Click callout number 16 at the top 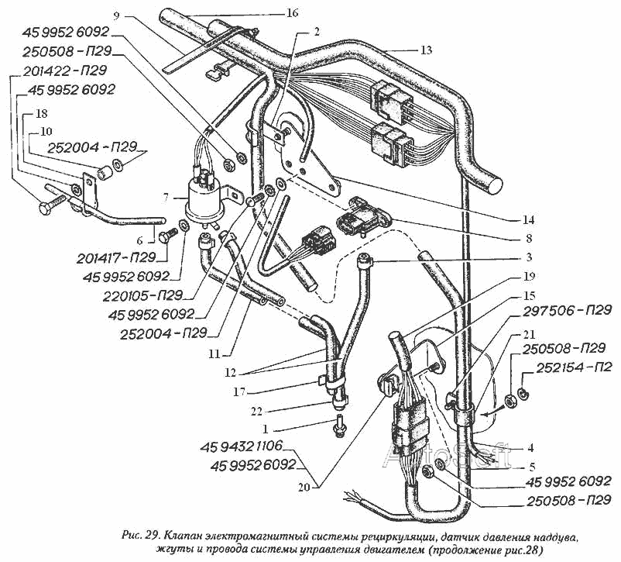tap(292, 13)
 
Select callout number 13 tap(426, 50)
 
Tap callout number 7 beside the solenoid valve tap(166, 197)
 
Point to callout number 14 tap(529, 219)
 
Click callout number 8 tap(529, 238)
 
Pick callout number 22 tap(256, 412)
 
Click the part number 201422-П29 tap(65, 71)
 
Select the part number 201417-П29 tap(116, 257)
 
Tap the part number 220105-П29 tap(143, 296)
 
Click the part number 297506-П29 tap(568, 310)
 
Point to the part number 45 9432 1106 tap(241, 446)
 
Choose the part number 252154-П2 tap(575, 368)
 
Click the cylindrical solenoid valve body tap(204, 201)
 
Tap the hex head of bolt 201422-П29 tap(46, 208)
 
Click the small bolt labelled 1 tap(339, 426)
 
